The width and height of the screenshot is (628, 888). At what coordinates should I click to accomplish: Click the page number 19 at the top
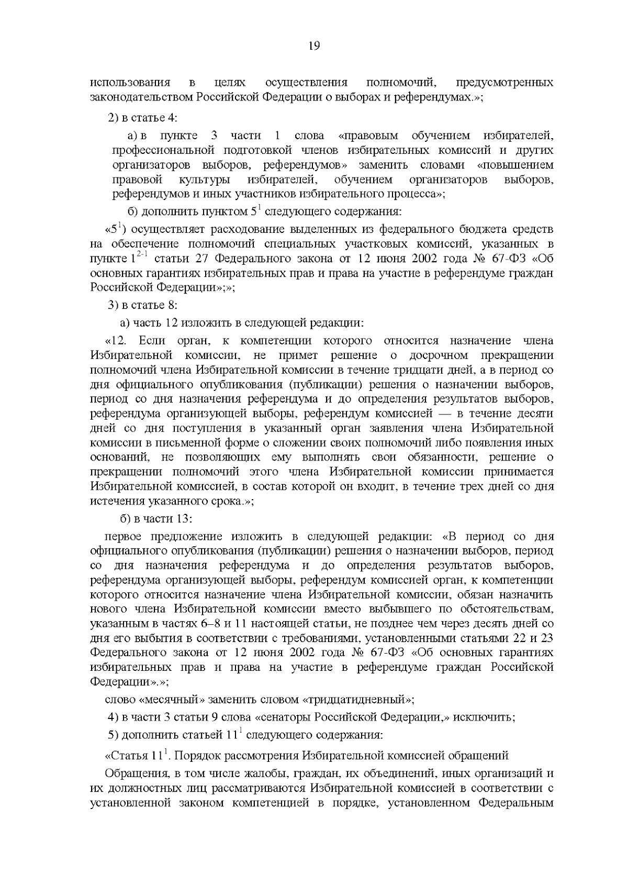(314, 46)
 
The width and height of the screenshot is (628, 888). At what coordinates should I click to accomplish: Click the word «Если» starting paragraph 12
(152, 341)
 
